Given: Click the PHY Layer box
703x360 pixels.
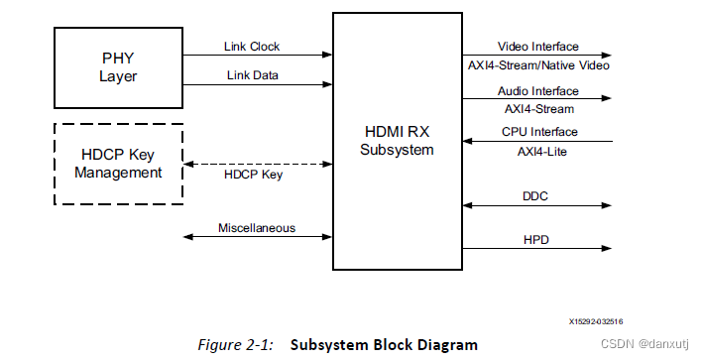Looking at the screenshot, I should pyautogui.click(x=118, y=67).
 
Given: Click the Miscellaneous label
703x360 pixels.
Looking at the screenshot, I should pyautogui.click(x=257, y=228).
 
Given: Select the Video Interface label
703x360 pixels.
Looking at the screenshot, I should pyautogui.click(x=536, y=47).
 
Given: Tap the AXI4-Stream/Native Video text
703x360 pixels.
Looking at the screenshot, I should pyautogui.click(x=536, y=65).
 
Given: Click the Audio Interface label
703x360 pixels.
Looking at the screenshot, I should pyautogui.click(x=536, y=91).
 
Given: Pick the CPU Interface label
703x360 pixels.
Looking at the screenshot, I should pyautogui.click(x=536, y=132).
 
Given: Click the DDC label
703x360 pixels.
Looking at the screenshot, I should pyautogui.click(x=535, y=196).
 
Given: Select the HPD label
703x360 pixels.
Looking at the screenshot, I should pyautogui.click(x=535, y=240).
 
